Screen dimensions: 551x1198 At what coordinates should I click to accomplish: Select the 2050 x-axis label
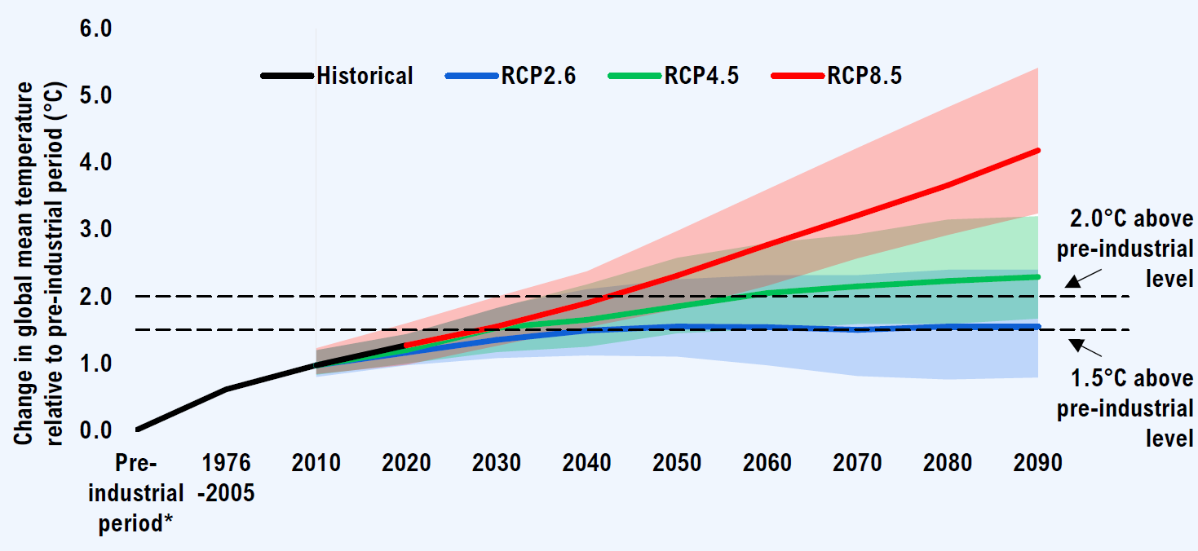[677, 463]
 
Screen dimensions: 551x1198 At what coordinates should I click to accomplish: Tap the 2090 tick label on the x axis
[1037, 463]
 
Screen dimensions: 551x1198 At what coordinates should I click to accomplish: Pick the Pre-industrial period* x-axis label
[135, 493]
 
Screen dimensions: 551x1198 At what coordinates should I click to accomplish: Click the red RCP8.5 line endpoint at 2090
[1037, 151]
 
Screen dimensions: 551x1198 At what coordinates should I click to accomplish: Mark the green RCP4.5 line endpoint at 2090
[1037, 277]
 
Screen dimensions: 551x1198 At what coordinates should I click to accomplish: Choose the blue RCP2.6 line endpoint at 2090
[1037, 327]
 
